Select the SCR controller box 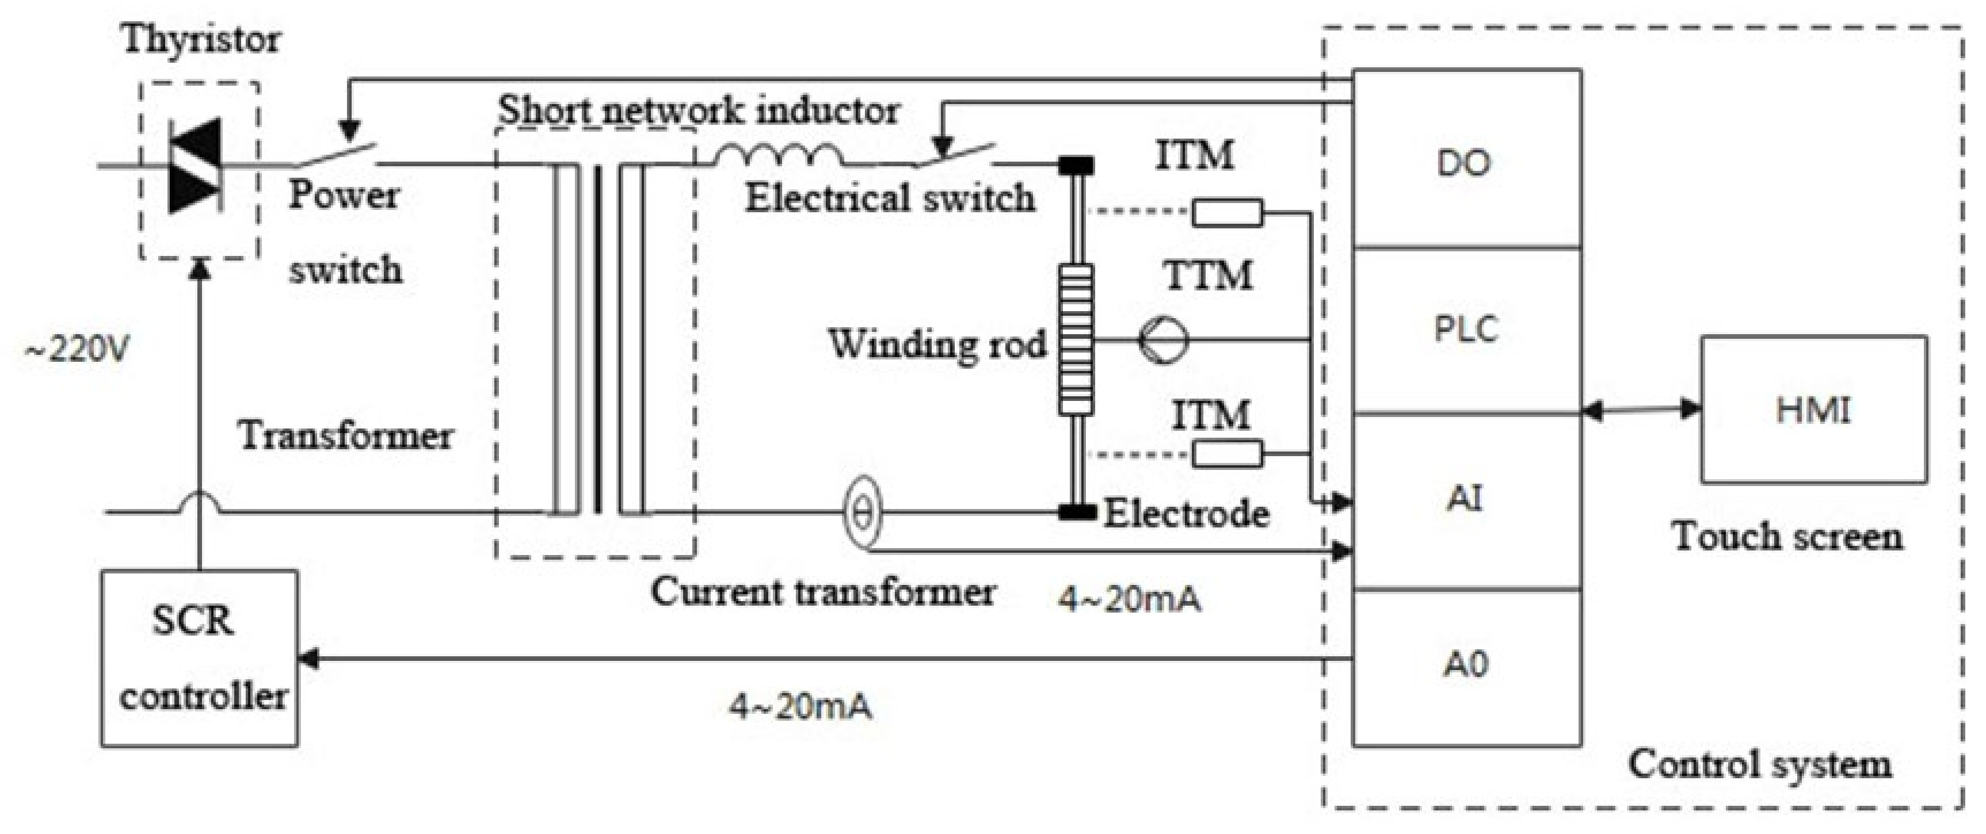[200, 657]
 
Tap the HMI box [1813, 410]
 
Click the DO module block [1466, 160]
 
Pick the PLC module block [1466, 330]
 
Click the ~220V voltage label [77, 351]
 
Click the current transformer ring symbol [863, 512]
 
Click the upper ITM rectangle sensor [1228, 213]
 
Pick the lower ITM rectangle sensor [1228, 453]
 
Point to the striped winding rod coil [1076, 339]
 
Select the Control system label [1759, 764]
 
